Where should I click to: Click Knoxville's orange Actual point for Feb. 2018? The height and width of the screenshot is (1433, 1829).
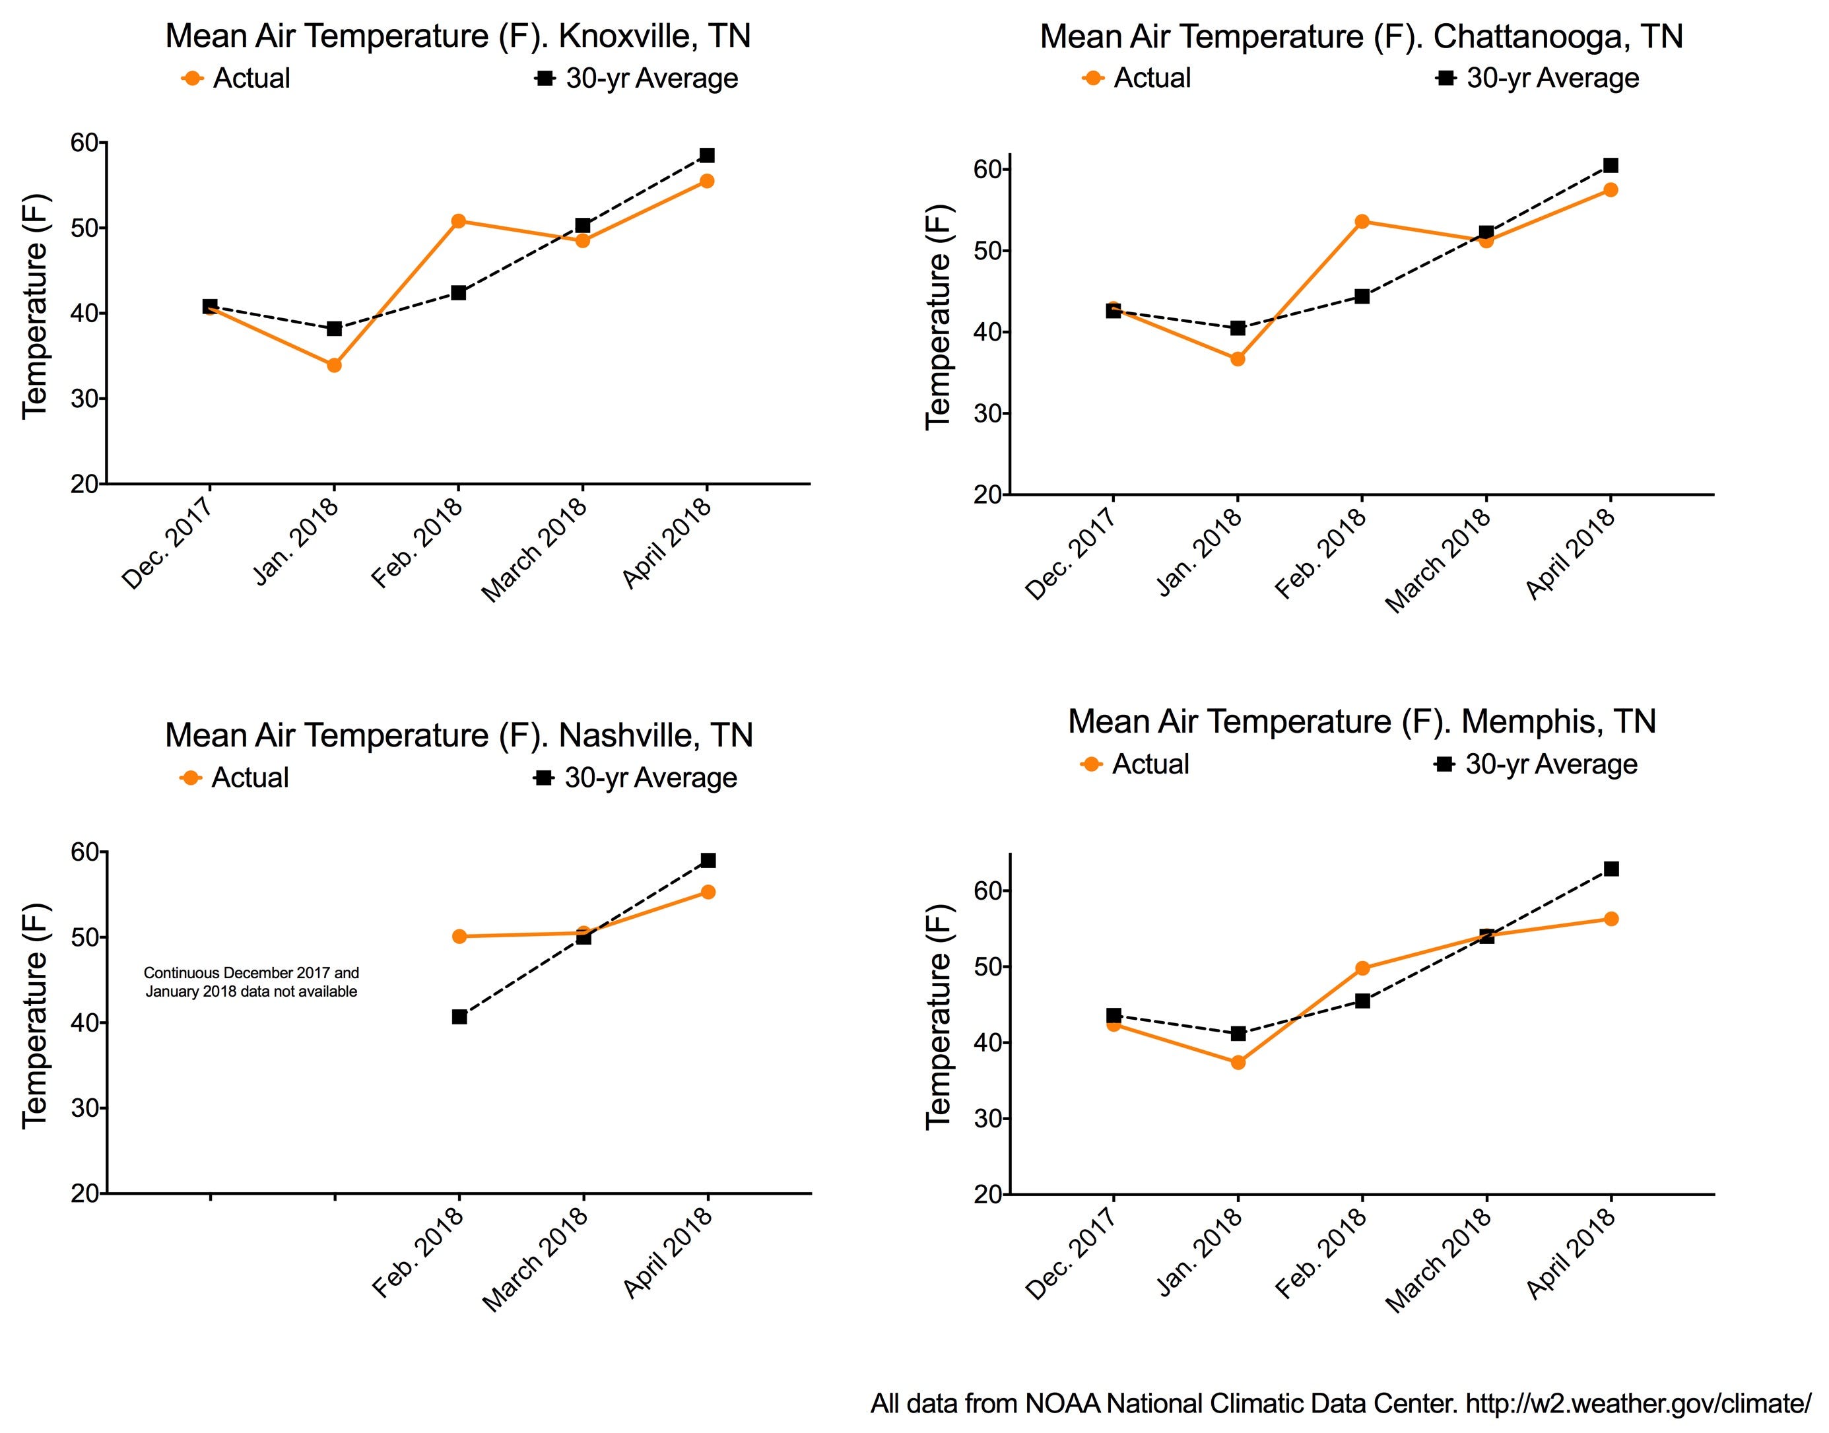click(x=458, y=222)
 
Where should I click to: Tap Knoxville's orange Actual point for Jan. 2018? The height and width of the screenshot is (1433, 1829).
click(x=334, y=365)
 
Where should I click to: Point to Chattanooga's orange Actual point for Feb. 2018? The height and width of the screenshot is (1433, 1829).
click(x=1362, y=222)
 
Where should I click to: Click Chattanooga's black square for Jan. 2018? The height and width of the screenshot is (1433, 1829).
click(x=1238, y=328)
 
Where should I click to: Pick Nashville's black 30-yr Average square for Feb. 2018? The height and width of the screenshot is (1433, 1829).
click(x=459, y=1017)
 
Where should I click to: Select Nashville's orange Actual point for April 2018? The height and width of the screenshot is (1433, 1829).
click(x=708, y=892)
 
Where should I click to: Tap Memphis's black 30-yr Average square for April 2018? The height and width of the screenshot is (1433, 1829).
click(x=1611, y=869)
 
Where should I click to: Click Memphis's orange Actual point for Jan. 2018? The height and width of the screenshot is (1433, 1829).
click(x=1238, y=1062)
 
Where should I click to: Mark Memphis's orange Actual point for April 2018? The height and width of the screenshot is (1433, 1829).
click(x=1611, y=919)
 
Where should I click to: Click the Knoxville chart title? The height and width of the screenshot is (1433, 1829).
click(x=457, y=37)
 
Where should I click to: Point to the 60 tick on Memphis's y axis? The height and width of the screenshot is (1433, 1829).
click(x=988, y=891)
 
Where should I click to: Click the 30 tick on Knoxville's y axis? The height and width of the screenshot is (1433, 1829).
click(x=84, y=399)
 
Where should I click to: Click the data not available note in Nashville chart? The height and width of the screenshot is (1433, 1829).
click(x=251, y=982)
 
